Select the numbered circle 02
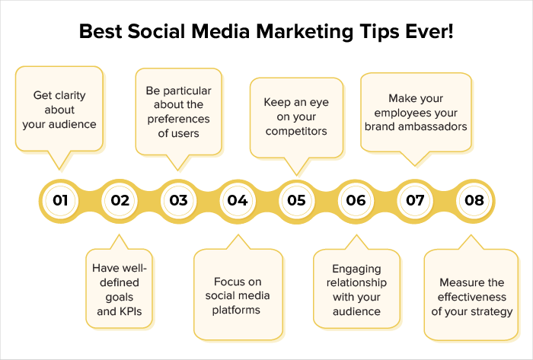coord(120,201)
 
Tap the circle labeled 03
coord(178,201)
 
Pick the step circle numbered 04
coord(238,201)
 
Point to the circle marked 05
coord(296,201)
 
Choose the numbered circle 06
coord(356,201)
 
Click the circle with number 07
coord(415,201)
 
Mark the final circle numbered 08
coord(474,201)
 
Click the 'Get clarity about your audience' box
coord(60,110)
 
